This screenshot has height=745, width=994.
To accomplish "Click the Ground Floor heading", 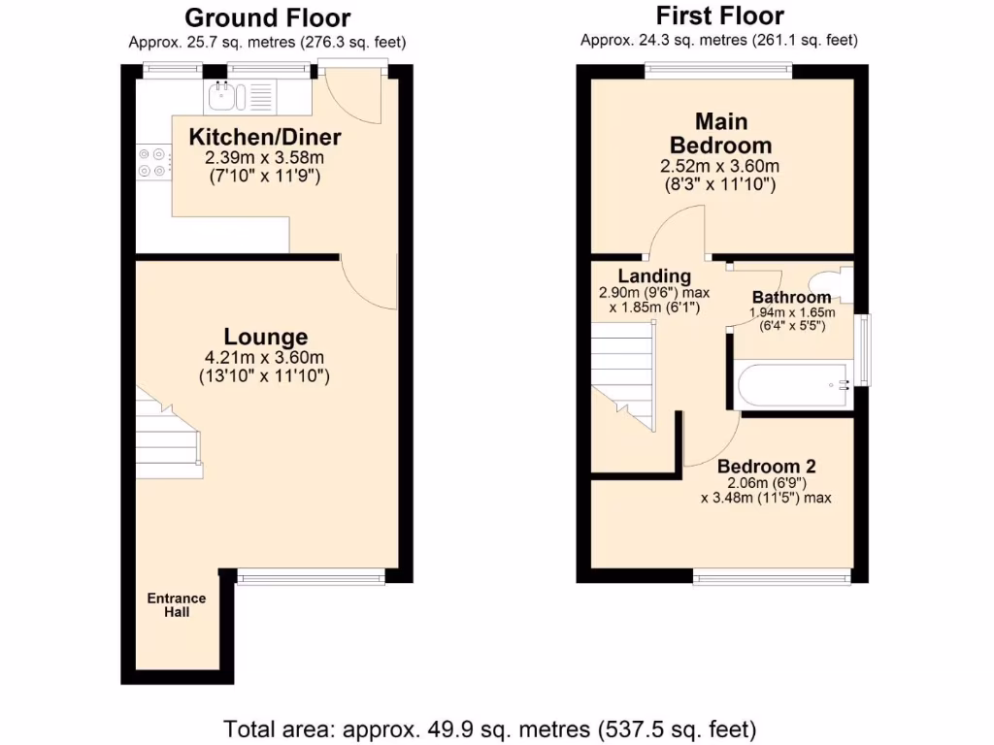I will tap(267, 17).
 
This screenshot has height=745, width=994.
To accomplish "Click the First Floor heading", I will tap(719, 16).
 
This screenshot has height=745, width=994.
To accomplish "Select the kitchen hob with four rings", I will tap(152, 161).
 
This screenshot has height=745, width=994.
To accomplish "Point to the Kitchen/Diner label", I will tap(265, 137).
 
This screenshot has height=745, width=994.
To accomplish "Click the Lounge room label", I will tap(266, 337).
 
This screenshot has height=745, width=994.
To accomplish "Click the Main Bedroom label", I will tap(719, 133).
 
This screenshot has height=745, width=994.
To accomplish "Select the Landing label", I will tap(654, 276).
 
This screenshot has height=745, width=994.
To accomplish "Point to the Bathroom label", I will tap(791, 297).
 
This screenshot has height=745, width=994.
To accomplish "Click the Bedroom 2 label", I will tap(766, 465).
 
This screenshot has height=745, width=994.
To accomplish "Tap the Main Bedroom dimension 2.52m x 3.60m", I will tap(719, 166).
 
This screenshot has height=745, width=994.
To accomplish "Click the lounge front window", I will tap(311, 577).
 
